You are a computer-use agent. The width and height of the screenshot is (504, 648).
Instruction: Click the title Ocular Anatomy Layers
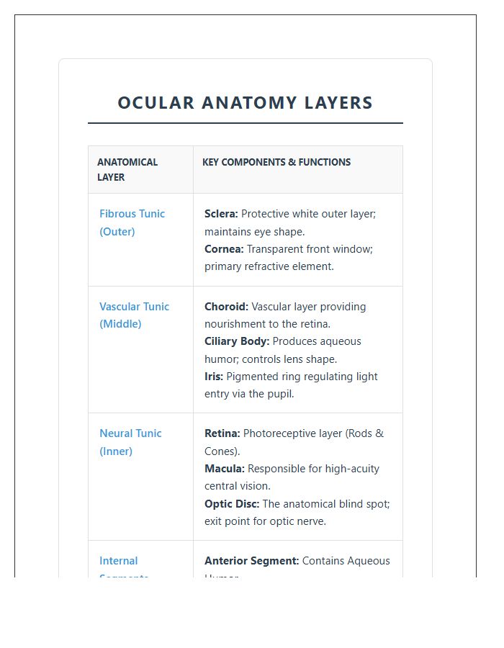245,103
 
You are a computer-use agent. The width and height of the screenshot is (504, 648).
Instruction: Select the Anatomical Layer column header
127,169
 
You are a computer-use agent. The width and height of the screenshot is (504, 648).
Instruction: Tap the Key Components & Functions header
276,162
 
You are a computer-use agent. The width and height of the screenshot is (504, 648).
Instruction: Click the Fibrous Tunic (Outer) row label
132,222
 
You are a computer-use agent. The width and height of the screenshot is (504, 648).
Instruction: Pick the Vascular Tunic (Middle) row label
134,315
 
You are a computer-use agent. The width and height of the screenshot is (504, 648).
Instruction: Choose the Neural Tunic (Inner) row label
130,442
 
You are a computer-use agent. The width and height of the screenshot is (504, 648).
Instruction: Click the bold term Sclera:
221,214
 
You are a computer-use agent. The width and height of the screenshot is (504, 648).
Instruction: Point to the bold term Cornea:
224,249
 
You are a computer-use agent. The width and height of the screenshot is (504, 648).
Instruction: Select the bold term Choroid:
226,307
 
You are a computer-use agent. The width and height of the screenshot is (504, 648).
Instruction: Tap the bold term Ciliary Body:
237,341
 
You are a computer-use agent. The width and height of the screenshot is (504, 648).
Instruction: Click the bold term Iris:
214,377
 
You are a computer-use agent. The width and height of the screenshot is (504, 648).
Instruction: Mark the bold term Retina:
222,433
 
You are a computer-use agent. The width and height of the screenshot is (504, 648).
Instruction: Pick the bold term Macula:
225,469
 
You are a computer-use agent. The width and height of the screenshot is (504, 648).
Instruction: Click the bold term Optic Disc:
232,504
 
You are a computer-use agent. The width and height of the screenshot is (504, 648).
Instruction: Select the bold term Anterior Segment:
251,561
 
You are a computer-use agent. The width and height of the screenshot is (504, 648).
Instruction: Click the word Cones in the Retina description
220,451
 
